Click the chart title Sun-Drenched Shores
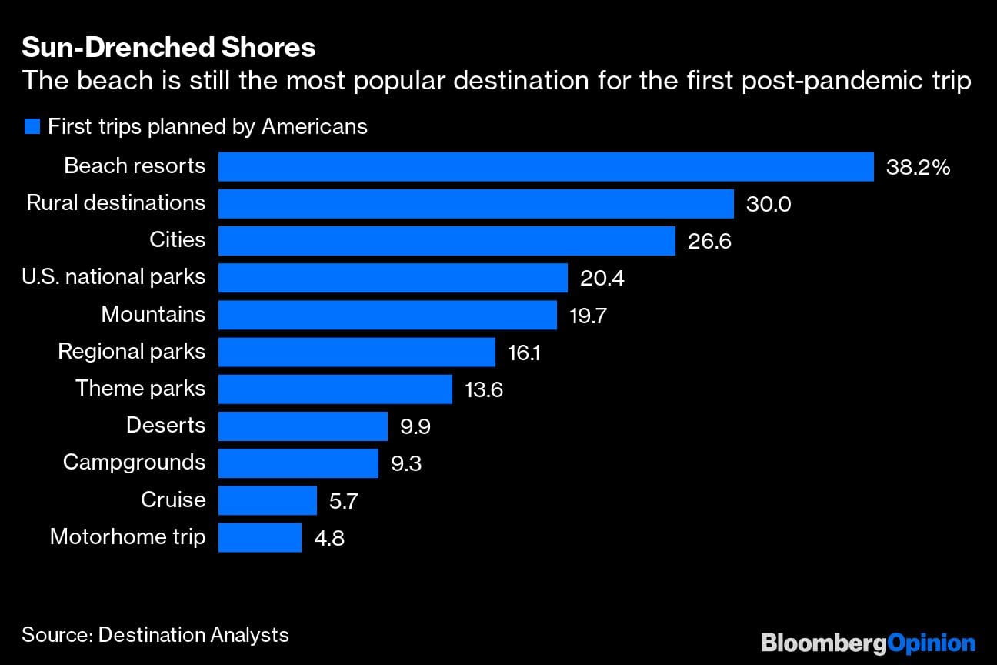(168, 48)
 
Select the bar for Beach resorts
(545, 166)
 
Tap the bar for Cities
(446, 240)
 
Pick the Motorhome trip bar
(259, 537)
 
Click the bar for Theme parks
(335, 389)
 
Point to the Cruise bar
(267, 500)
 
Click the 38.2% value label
(918, 167)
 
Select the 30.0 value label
(768, 204)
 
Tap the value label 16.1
(524, 353)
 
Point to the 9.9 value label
(415, 426)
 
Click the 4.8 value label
(328, 538)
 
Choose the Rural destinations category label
(116, 203)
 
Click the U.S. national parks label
(114, 277)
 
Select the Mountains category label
(153, 314)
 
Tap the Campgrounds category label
(134, 462)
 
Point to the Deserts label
(165, 426)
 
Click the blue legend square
(32, 127)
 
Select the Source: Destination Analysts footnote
(155, 635)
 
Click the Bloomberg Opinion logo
(868, 642)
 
